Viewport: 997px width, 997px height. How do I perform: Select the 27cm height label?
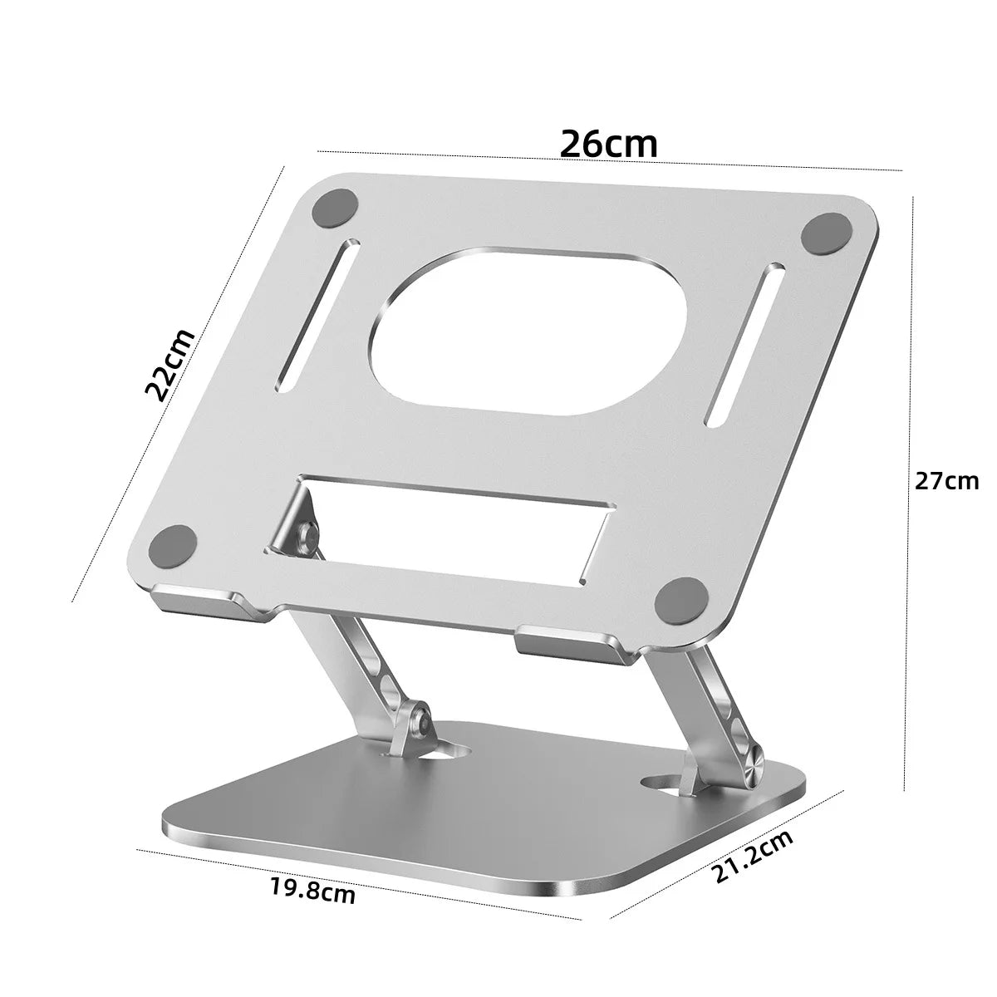click(x=947, y=480)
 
